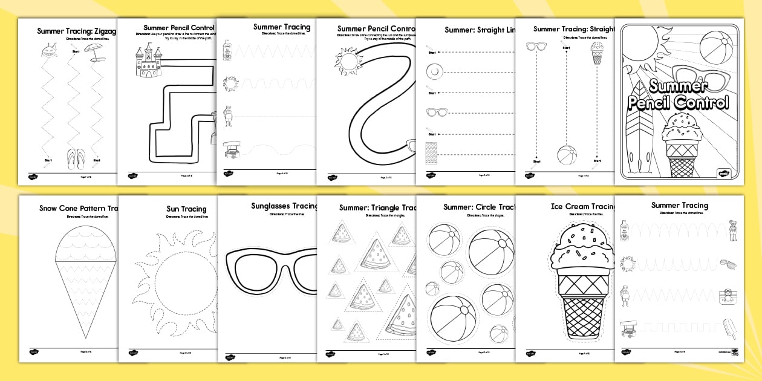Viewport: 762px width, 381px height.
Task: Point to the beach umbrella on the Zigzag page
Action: pos(91,51)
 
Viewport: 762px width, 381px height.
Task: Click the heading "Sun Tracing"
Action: pos(186,209)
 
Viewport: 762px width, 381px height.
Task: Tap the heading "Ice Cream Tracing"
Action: pos(582,206)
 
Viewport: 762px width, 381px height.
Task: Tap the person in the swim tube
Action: pos(726,297)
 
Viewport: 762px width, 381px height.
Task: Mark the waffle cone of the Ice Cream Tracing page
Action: pos(582,308)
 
